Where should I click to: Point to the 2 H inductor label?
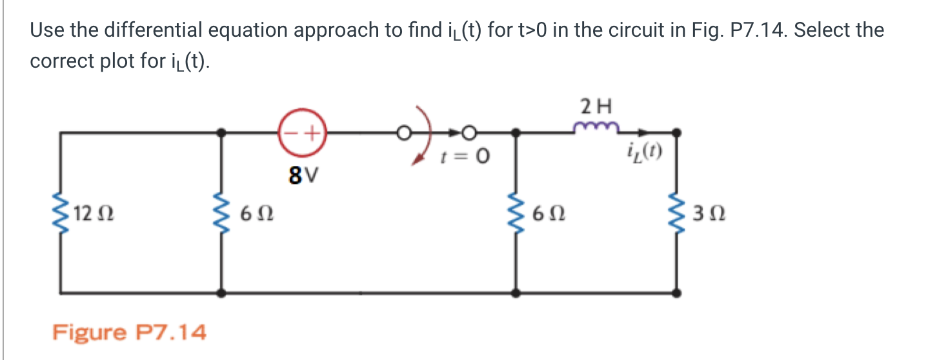coord(595,105)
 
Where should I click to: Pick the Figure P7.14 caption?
coord(129,333)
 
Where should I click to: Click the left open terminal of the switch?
coord(403,134)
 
